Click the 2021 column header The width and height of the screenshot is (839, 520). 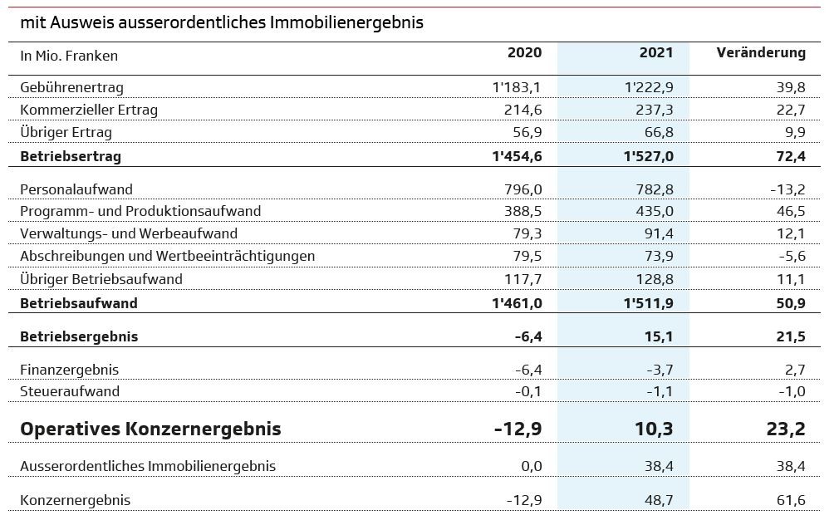655,53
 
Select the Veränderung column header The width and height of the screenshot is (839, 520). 760,53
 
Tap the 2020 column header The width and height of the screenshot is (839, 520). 524,53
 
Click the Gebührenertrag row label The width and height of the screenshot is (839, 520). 71,87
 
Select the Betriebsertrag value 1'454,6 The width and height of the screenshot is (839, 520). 517,156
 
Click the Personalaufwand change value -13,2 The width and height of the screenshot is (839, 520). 787,189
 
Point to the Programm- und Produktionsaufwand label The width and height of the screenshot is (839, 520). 140,212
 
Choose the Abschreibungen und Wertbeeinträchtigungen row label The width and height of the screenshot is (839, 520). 167,257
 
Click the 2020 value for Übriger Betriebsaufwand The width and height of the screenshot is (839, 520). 523,279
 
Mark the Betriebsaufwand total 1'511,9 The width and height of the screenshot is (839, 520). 648,303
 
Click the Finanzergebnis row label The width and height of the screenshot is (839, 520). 69,370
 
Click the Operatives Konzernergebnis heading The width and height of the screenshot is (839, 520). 150,429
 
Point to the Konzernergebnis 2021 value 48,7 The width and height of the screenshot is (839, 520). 658,500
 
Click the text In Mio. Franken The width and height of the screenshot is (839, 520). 69,56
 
